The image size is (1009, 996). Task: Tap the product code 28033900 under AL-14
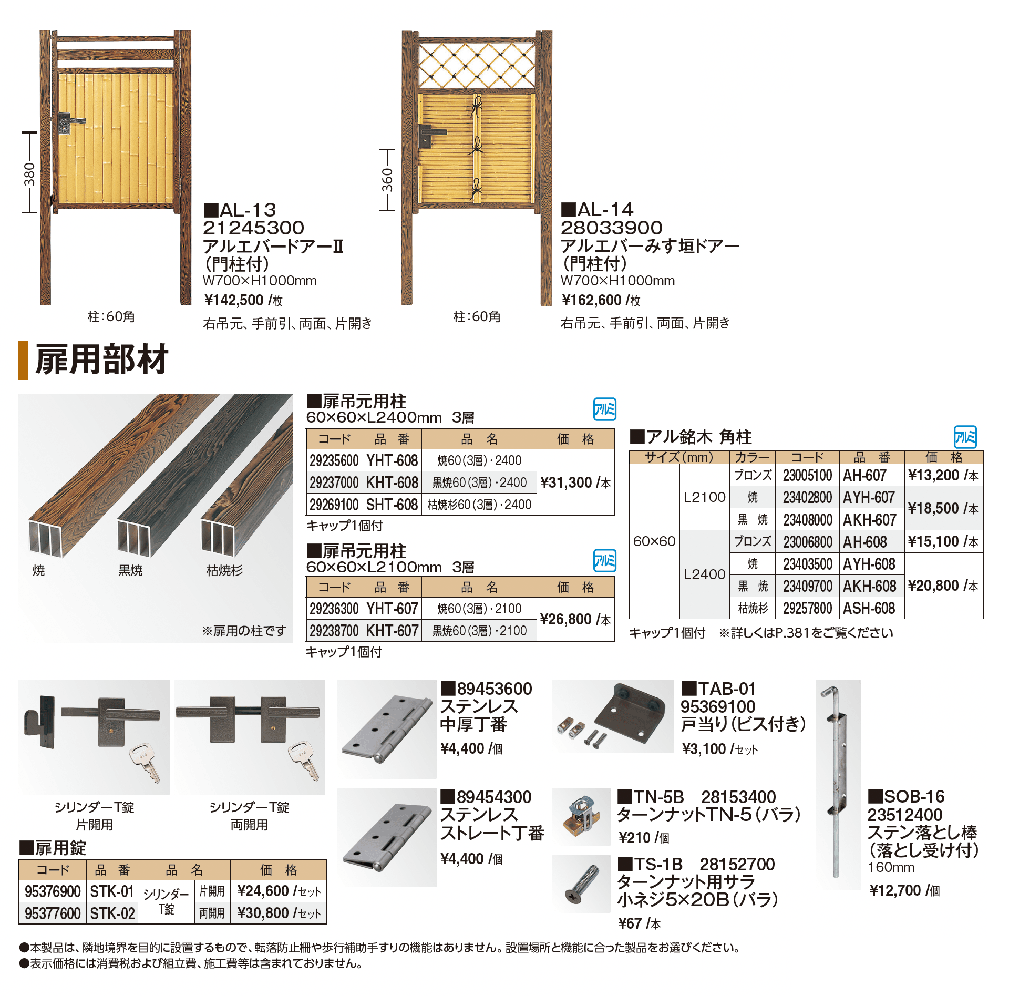coord(611,228)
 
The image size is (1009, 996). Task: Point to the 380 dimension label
coord(29,173)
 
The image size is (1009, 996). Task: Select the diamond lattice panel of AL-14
coord(477,65)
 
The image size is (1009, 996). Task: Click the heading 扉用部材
coord(101,360)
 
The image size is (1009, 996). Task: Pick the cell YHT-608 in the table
coord(392,461)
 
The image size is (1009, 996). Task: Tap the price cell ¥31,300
coord(575,482)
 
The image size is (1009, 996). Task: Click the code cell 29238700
coord(334,631)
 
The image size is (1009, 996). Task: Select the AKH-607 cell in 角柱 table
coord(870,520)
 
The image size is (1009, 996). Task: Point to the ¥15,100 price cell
coord(943,541)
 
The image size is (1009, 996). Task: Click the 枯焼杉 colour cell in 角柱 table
coord(753,608)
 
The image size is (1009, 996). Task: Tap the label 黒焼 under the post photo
coord(130,570)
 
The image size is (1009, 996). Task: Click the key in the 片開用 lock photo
coord(145,762)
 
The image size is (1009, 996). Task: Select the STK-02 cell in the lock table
coord(112,913)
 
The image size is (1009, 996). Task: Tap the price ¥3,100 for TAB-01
coord(704,749)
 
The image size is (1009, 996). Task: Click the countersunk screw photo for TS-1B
coord(582,884)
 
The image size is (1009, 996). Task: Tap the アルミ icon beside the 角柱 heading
coord(965,437)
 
